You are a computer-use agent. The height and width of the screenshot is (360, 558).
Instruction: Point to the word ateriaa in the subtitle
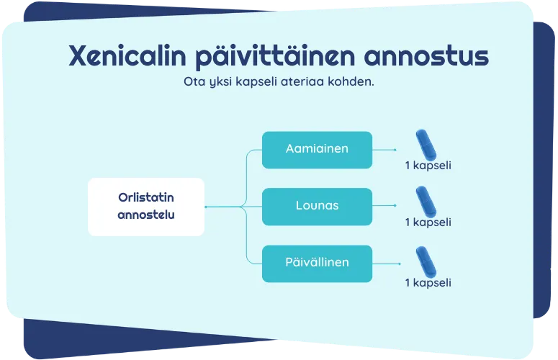pyautogui.click(x=314, y=81)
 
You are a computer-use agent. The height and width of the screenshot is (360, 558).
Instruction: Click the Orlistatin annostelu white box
pyautogui.click(x=146, y=206)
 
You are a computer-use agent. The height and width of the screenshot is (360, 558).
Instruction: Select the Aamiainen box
pyautogui.click(x=317, y=150)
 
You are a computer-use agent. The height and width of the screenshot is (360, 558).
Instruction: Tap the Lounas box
pyautogui.click(x=317, y=206)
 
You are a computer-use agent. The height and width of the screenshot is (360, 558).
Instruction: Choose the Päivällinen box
pyautogui.click(x=317, y=263)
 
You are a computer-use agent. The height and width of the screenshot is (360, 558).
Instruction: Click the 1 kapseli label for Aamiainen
pyautogui.click(x=428, y=166)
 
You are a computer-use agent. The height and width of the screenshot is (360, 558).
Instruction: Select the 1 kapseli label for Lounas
pyautogui.click(x=428, y=222)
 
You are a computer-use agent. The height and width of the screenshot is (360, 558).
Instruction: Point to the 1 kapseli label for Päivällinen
pyautogui.click(x=428, y=282)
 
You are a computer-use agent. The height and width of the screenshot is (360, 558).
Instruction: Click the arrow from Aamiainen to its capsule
pyautogui.click(x=384, y=150)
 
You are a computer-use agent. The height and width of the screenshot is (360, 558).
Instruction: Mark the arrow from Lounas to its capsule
pyautogui.click(x=384, y=207)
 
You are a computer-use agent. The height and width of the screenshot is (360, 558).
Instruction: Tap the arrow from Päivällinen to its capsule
pyautogui.click(x=384, y=264)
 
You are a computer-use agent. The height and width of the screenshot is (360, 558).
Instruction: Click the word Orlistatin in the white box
pyautogui.click(x=146, y=197)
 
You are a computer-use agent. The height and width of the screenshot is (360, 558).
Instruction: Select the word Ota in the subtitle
pyautogui.click(x=194, y=81)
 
